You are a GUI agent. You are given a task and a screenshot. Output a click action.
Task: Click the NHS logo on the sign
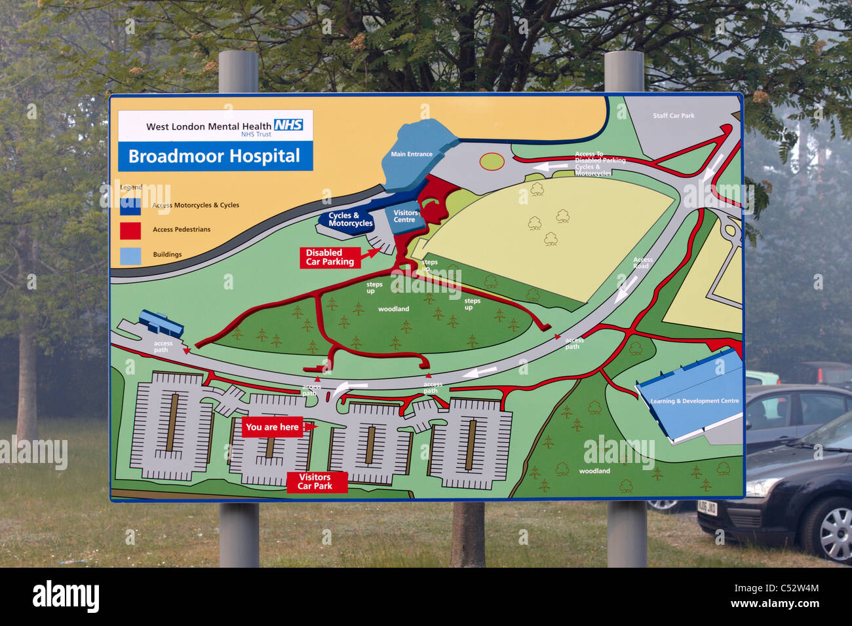(288, 124)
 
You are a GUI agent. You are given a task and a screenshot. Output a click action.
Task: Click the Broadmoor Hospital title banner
(214, 156)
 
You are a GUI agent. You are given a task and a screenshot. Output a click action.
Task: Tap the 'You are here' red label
(273, 427)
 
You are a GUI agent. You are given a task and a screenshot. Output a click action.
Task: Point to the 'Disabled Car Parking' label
(330, 257)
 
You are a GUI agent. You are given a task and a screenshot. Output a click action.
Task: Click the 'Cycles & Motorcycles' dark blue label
(349, 219)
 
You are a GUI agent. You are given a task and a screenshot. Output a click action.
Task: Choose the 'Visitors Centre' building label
(405, 216)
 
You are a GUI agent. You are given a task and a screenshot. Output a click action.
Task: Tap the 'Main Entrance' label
(412, 155)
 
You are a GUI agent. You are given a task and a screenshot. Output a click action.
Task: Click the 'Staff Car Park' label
(673, 116)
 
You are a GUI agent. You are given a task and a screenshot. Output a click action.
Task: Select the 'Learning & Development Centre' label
(694, 401)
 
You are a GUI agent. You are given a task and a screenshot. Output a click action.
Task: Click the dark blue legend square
(130, 206)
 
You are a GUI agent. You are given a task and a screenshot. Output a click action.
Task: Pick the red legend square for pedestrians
(130, 230)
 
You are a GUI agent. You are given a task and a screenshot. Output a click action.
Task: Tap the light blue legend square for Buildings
(130, 255)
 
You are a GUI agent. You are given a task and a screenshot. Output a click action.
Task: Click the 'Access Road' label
(642, 263)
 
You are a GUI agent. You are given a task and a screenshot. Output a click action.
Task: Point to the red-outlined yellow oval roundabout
(491, 160)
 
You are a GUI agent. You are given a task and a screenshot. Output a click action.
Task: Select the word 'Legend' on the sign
(131, 187)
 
